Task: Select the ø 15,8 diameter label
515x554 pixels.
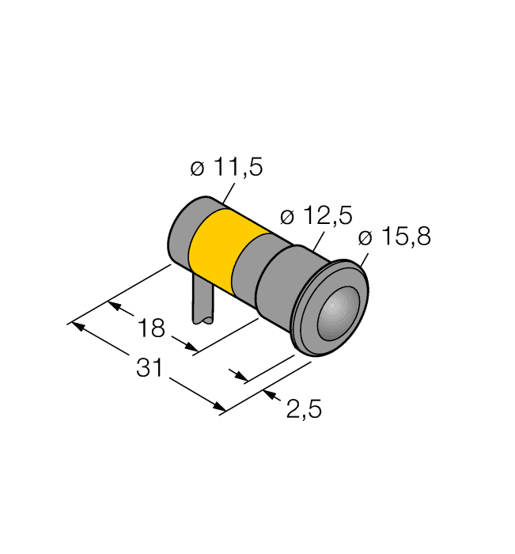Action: (394, 237)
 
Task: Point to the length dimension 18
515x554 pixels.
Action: (151, 328)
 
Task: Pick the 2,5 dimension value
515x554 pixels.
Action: (303, 409)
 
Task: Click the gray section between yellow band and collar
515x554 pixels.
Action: (250, 269)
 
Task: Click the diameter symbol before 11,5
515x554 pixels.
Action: (197, 169)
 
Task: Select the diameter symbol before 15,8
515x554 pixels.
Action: (365, 237)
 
